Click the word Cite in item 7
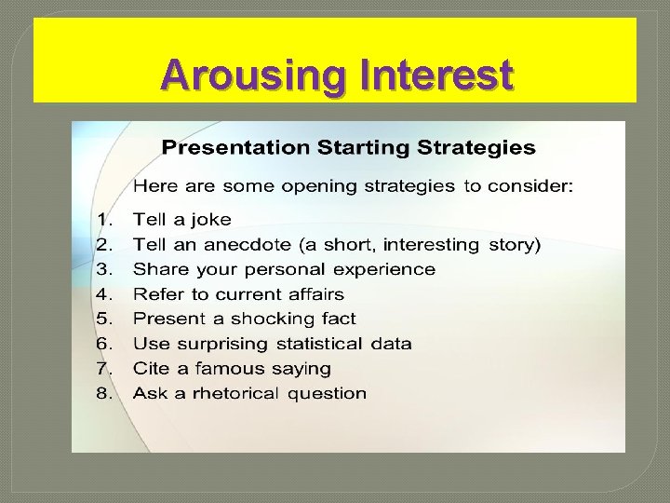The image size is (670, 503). (151, 368)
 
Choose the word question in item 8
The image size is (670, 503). (327, 394)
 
